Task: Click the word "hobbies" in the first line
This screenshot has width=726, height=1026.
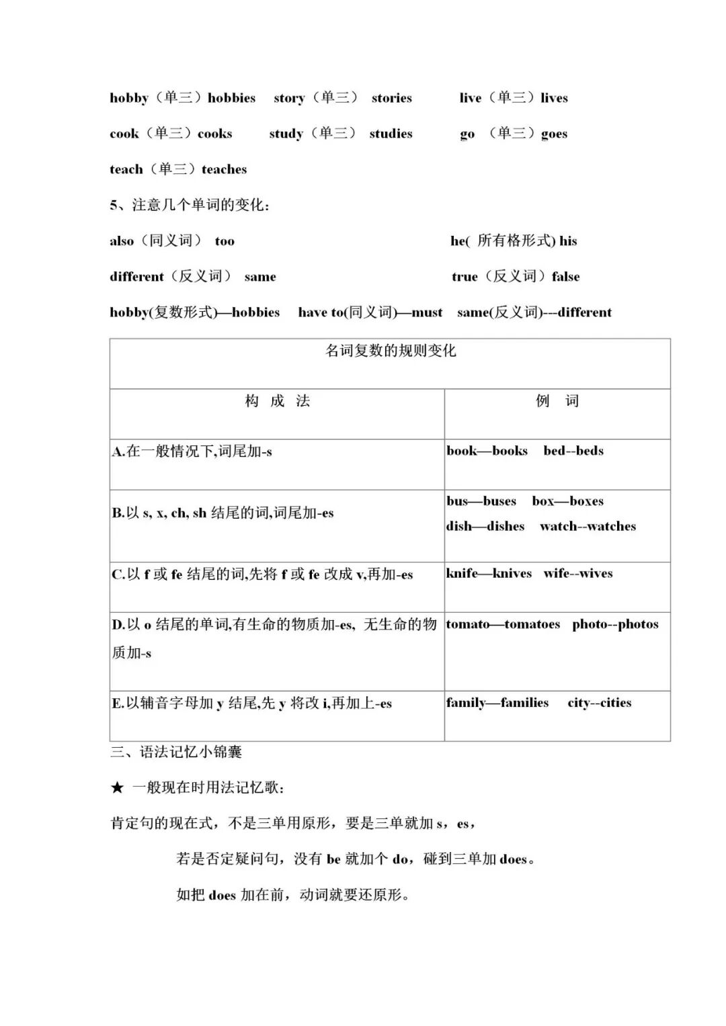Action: click(x=231, y=98)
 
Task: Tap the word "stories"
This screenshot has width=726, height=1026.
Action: click(x=391, y=98)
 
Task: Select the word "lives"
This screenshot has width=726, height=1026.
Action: click(x=554, y=98)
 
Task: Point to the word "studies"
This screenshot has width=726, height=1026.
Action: click(x=391, y=134)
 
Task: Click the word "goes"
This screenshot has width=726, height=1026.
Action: click(x=554, y=134)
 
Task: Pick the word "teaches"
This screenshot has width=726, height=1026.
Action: click(x=224, y=169)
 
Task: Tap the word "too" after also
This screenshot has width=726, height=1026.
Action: click(x=225, y=241)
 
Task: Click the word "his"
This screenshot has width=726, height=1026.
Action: click(x=568, y=241)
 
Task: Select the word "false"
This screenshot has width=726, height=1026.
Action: click(x=565, y=277)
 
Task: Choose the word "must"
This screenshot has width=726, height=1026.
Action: click(x=427, y=312)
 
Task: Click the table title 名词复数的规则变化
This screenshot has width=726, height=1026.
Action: click(x=391, y=351)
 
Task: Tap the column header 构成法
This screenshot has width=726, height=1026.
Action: click(x=277, y=401)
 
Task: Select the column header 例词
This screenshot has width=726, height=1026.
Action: click(x=557, y=401)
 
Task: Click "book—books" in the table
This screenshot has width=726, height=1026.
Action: click(x=487, y=451)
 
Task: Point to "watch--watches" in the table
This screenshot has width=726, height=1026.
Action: click(x=588, y=527)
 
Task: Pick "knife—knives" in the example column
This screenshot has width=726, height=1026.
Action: click(x=489, y=574)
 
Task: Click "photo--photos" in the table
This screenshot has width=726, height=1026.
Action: click(x=615, y=624)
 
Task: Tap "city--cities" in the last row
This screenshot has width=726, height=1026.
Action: click(x=599, y=703)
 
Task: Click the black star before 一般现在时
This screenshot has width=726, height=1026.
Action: click(x=118, y=788)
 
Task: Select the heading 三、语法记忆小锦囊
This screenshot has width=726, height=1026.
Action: click(x=176, y=752)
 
